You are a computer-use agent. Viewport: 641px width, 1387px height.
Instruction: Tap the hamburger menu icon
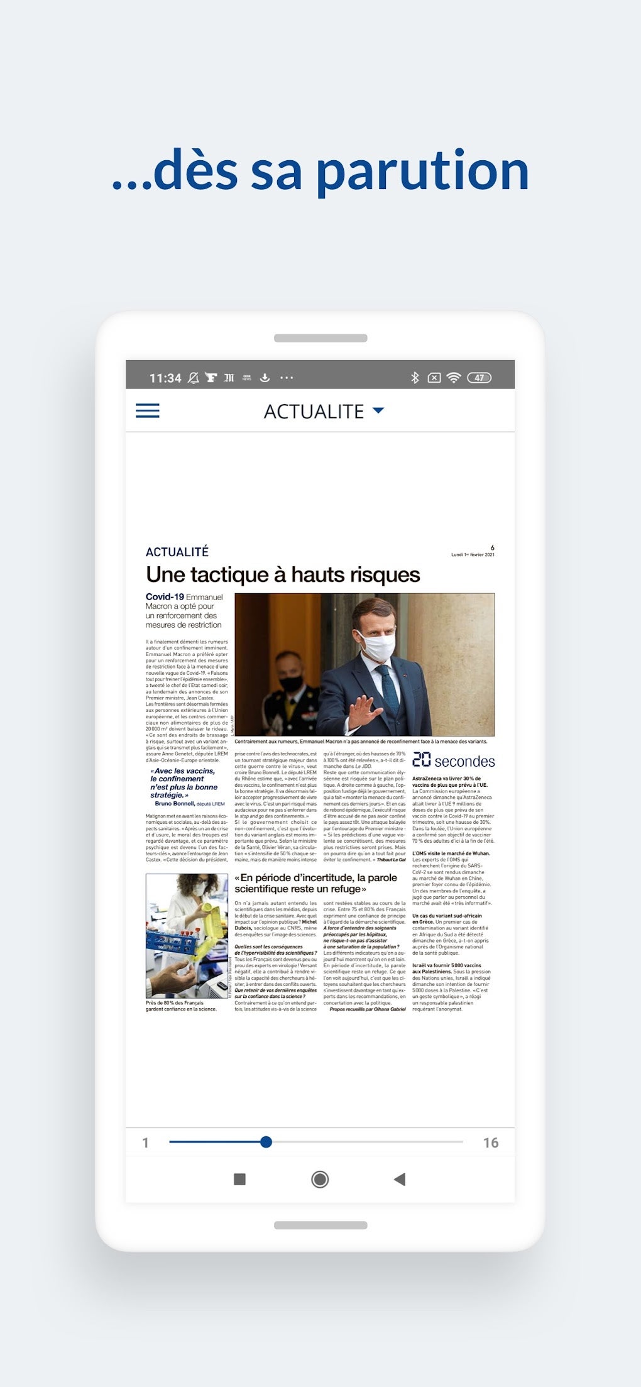pos(148,411)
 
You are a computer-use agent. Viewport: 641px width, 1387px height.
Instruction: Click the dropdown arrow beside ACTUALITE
pos(378,410)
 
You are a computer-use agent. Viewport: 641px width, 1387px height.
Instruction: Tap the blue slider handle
pos(266,1142)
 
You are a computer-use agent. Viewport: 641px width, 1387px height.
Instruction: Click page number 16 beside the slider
pos(490,1143)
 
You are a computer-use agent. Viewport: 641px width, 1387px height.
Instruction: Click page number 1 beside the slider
pos(145,1143)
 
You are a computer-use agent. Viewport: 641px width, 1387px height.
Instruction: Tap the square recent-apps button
pos(239,1179)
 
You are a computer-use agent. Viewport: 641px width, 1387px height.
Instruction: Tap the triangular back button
pos(400,1179)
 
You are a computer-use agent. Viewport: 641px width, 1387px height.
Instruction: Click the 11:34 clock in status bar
pos(165,378)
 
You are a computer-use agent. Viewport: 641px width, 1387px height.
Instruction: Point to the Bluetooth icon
pos(415,378)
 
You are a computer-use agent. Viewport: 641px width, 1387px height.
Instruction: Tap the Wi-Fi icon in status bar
pos(454,378)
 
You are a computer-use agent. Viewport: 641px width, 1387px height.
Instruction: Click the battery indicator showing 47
pos(479,378)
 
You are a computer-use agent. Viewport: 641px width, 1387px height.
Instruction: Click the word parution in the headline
pos(422,171)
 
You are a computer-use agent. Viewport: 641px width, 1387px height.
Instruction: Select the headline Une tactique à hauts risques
pos(283,574)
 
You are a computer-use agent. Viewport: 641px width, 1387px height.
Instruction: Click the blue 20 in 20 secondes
pos(421,760)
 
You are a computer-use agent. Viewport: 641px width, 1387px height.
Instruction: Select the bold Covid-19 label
pos(165,596)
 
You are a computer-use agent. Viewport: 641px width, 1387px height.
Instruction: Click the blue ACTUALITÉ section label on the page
pos(177,552)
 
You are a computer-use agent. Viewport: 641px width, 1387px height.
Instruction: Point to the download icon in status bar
pos(265,378)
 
